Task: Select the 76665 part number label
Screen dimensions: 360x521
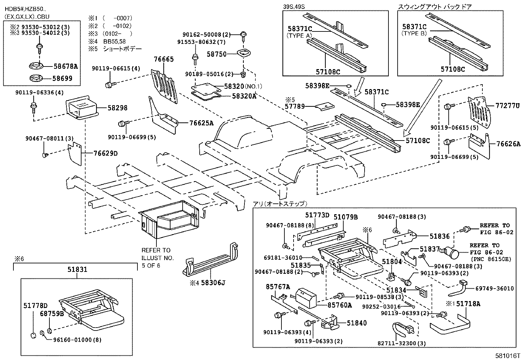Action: pos(164,59)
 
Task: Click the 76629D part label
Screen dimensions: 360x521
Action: pos(105,153)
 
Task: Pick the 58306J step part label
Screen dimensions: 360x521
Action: pos(213,282)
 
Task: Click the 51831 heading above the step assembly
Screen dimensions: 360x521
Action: pos(77,269)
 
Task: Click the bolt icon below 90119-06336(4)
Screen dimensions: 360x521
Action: pos(33,106)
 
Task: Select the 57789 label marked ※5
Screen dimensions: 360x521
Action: pos(295,106)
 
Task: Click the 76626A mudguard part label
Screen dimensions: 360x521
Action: pos(508,144)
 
